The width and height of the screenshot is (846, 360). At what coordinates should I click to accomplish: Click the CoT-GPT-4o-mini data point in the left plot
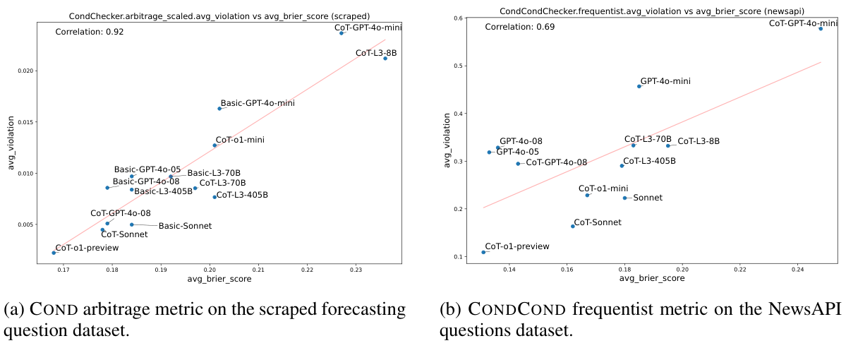click(342, 33)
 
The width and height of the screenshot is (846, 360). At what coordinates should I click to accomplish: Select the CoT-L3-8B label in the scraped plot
click(375, 53)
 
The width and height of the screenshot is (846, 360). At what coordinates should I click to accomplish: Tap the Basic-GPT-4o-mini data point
click(219, 108)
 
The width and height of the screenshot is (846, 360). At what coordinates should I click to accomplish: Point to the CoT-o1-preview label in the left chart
click(87, 248)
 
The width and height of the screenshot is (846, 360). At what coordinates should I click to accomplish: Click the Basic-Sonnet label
click(185, 226)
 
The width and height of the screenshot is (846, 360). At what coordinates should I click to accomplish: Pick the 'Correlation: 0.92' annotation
click(86, 32)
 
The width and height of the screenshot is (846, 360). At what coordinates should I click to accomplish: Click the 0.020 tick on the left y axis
click(23, 71)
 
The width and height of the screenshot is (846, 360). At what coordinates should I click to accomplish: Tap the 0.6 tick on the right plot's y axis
click(457, 18)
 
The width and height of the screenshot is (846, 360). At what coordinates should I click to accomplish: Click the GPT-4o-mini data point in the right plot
click(639, 86)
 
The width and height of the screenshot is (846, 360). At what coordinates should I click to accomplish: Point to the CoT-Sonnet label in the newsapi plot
click(598, 222)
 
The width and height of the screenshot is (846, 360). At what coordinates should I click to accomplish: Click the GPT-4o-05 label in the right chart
click(517, 152)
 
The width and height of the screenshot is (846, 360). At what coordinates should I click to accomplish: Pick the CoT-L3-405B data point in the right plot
click(622, 165)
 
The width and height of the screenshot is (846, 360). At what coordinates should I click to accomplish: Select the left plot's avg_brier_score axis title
click(219, 279)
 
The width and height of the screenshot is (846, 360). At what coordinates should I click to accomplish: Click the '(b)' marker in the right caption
click(449, 311)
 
